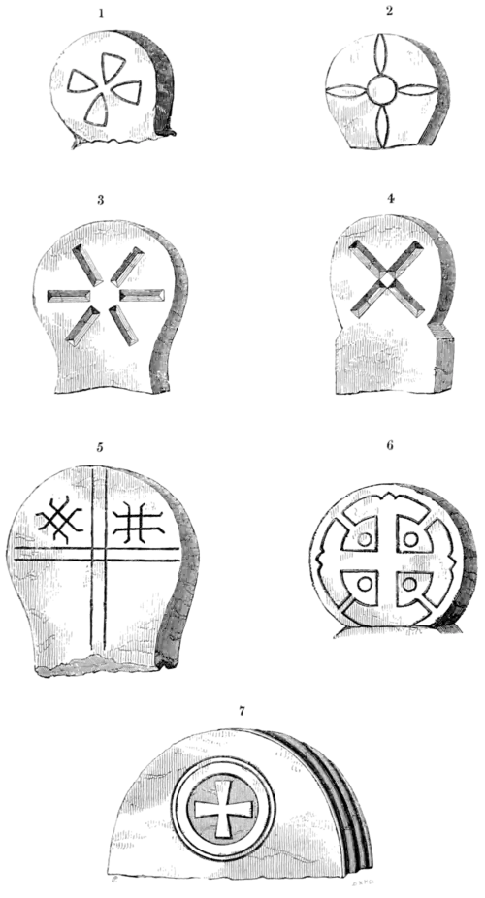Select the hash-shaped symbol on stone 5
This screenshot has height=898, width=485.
pos(135,525)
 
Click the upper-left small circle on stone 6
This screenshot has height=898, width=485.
pos(367,539)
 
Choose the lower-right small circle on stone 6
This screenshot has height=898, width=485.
pos(408,585)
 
